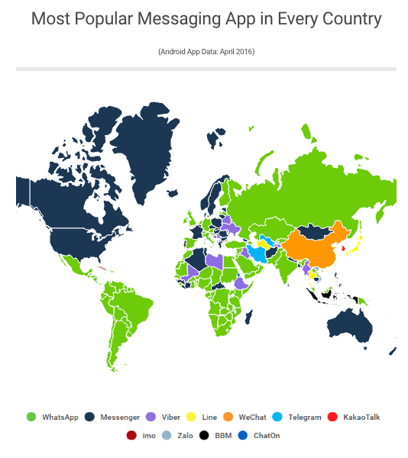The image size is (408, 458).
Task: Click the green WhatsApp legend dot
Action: (31, 417)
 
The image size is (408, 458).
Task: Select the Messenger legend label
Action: (120, 418)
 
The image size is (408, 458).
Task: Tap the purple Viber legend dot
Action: (151, 417)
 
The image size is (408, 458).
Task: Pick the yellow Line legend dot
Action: (191, 417)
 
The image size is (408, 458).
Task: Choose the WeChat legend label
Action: (251, 418)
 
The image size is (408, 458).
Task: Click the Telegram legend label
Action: (305, 418)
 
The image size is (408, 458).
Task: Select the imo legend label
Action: (149, 437)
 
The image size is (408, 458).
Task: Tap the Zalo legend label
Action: (183, 437)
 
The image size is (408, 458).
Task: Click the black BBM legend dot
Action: (204, 436)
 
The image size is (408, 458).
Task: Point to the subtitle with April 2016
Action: (206, 52)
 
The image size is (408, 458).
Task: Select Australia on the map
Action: (351, 321)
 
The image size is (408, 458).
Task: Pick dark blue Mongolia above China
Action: (314, 230)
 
